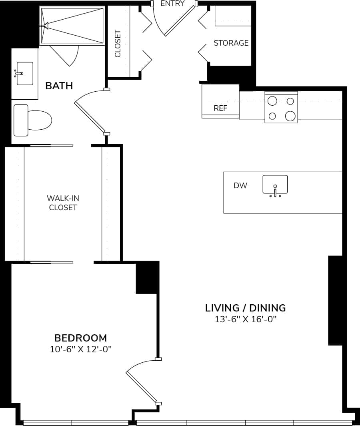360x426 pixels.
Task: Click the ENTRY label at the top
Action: click(172, 4)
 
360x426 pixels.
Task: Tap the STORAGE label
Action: click(231, 43)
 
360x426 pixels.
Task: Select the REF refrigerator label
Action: click(220, 109)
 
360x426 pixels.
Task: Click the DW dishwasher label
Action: click(240, 185)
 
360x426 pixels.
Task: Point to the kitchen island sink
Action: click(275, 185)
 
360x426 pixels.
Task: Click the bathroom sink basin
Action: click(25, 73)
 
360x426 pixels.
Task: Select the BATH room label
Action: click(59, 86)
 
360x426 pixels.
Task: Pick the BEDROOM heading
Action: click(80, 338)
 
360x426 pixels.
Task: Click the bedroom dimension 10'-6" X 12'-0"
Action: click(80, 349)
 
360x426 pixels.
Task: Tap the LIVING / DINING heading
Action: click(245, 307)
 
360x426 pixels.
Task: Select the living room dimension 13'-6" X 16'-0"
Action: click(246, 319)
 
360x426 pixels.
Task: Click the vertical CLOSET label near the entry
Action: click(118, 44)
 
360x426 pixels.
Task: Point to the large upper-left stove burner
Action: click(273, 100)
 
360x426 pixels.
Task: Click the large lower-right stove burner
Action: click(290, 116)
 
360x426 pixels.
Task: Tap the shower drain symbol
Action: click(45, 26)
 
